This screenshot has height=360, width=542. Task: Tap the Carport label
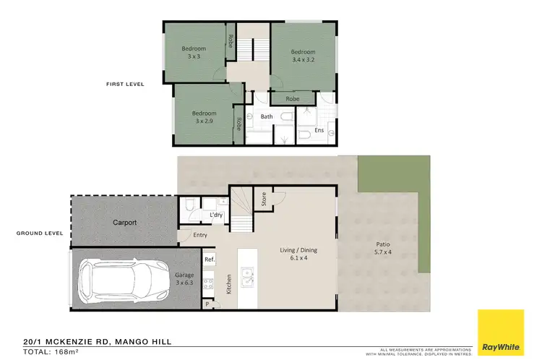[124, 223]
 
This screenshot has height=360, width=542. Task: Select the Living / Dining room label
[298, 254]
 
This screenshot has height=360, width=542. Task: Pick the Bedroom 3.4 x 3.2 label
[304, 56]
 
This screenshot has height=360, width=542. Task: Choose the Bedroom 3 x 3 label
[194, 52]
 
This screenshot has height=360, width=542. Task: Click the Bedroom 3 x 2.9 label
[204, 117]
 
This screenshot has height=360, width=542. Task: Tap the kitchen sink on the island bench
[247, 275]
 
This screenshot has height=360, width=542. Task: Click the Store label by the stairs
[264, 200]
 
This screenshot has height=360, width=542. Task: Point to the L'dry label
[215, 215]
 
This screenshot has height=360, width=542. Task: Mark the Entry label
[200, 235]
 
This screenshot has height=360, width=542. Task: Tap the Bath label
[267, 116]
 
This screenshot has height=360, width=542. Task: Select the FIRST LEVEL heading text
[125, 84]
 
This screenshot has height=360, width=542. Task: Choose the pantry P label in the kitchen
[208, 305]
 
